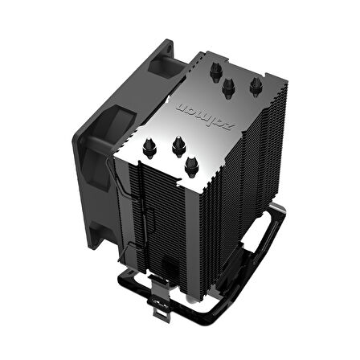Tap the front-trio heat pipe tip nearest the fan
click(150, 146)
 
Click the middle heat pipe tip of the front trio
click(175, 145)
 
